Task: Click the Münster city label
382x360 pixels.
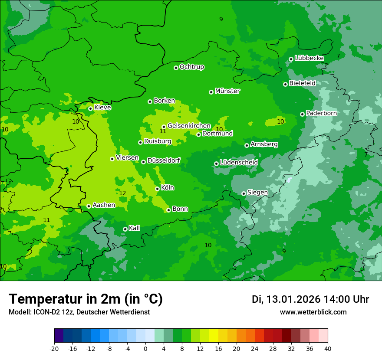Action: [227, 91]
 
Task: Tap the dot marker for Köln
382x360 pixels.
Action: [157, 189]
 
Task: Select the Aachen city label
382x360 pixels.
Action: [104, 205]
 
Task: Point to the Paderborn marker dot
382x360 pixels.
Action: [302, 114]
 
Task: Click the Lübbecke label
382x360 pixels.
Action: [309, 58]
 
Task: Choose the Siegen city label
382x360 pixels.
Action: [257, 193]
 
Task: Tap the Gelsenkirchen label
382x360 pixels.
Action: [189, 126]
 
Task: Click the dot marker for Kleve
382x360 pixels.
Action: [90, 108]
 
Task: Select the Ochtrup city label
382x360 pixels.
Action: [192, 67]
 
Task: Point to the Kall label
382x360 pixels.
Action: [135, 228]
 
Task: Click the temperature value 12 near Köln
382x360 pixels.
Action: [122, 193]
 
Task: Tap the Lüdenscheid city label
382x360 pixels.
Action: [239, 163]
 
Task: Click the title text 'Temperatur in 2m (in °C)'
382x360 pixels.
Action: [86, 299]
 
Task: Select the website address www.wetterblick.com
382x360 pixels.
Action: [313, 312]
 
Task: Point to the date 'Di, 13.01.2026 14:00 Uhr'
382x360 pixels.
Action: [310, 299]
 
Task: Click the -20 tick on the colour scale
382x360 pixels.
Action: [54, 348]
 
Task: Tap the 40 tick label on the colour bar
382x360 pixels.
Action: [328, 348]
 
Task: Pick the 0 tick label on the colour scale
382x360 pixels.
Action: [145, 348]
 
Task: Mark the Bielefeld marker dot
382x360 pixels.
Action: [285, 84]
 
